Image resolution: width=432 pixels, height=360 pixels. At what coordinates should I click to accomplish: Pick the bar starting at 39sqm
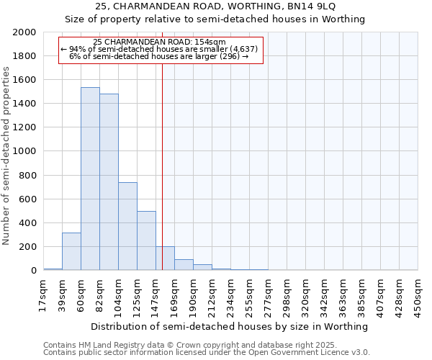71,251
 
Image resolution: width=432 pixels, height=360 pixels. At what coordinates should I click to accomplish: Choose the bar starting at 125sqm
146,240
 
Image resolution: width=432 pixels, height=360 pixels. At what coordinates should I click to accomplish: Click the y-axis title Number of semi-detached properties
7,156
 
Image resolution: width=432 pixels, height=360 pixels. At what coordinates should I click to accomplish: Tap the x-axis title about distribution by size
230,326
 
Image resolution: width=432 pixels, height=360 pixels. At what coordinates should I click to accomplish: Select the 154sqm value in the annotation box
214,42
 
